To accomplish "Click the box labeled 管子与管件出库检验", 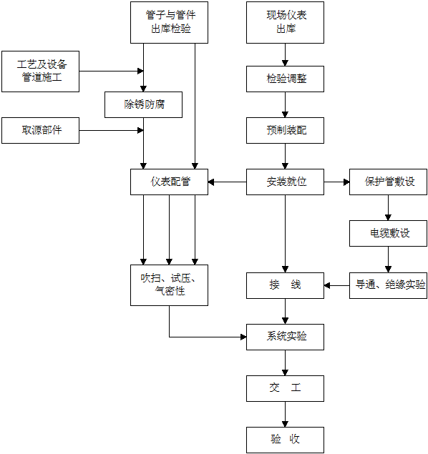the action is [x=169, y=23].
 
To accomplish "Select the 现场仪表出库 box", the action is [x=285, y=23].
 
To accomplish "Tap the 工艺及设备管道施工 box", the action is [x=40, y=71].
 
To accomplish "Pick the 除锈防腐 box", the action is [x=143, y=105].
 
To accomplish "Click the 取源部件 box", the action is [x=40, y=130].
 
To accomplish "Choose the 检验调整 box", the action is [x=285, y=79].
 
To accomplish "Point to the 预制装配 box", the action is [x=285, y=130].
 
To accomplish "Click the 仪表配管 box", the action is [x=169, y=182].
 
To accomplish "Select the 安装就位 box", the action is [x=285, y=182].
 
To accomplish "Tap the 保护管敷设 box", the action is [x=389, y=182].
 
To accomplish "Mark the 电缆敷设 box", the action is [x=389, y=233].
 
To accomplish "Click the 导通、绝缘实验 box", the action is [x=389, y=285].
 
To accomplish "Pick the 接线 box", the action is [x=285, y=285].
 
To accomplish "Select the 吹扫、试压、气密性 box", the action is [x=169, y=285].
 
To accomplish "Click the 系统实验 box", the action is [x=285, y=337].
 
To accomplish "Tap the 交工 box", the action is [x=285, y=388].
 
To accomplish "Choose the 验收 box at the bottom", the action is [x=285, y=440].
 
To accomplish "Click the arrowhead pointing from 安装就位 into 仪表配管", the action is [x=211, y=182].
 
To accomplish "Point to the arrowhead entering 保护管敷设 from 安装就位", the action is [x=346, y=182].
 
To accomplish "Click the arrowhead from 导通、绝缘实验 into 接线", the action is [x=327, y=285].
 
